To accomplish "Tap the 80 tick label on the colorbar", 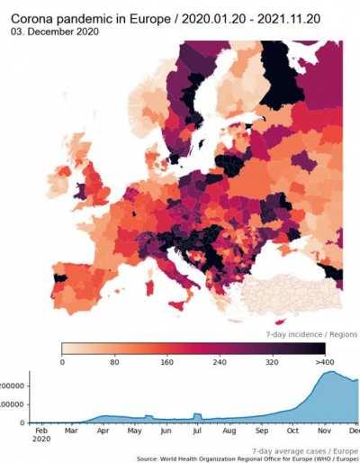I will (x=114, y=362).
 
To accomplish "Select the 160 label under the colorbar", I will (x=167, y=362).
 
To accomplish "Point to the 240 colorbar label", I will (x=220, y=362).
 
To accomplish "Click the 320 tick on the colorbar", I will (x=273, y=362).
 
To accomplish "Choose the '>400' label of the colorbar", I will (x=324, y=362).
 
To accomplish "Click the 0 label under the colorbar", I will (x=62, y=362).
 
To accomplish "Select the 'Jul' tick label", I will (x=197, y=431).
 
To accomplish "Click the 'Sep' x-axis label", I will (x=260, y=431).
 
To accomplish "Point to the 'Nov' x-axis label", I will (x=321, y=431).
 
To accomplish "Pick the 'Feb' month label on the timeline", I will (x=40, y=431).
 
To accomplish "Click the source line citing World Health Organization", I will (x=247, y=458).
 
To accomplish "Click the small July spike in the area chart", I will (x=196, y=413).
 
